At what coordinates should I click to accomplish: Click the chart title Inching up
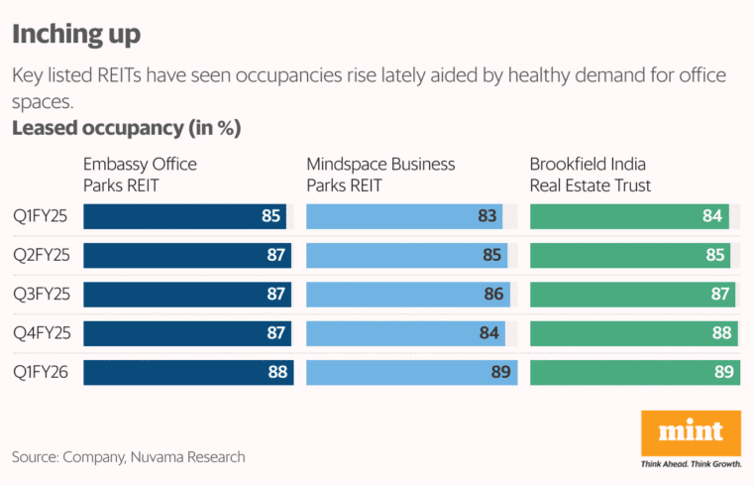pos(75,35)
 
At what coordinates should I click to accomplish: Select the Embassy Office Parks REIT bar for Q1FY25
pos(185,216)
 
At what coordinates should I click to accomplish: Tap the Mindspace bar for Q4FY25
pos(405,333)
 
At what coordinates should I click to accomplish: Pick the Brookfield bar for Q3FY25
pos(633,295)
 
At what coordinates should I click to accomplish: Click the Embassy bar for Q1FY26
pos(188,373)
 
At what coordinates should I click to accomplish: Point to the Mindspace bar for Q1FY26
pos(411,373)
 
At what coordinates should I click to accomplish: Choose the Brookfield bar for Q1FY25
pos(630,216)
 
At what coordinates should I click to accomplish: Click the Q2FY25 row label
pos(41,256)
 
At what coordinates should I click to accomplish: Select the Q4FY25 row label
pos(41,333)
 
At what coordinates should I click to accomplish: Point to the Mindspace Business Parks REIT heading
pos(380,175)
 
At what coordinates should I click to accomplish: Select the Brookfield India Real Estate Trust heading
pos(603,175)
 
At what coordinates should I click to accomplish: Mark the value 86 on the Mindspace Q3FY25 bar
pos(492,295)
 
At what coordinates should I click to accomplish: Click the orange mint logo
pos(691,431)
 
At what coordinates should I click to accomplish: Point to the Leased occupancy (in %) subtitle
pos(126,129)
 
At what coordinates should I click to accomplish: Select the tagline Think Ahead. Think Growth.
pos(691,463)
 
